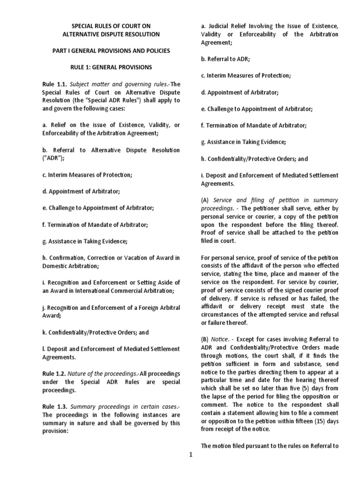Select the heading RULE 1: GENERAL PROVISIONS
pos(111,67)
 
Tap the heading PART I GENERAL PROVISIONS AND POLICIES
pos(111,51)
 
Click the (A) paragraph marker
pos(205,199)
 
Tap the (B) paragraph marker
pos(205,338)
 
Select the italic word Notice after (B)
pos(220,338)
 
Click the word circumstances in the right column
pos(220,315)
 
